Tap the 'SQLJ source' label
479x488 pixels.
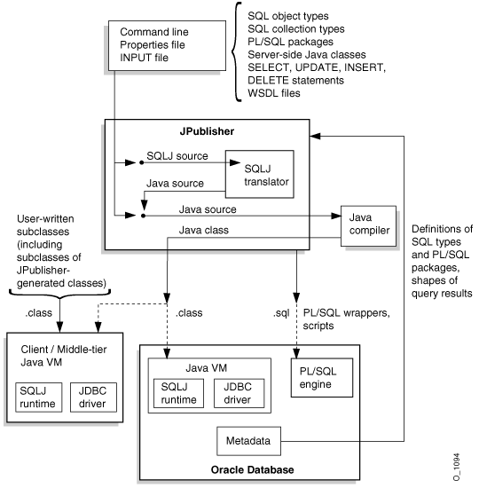177,155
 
